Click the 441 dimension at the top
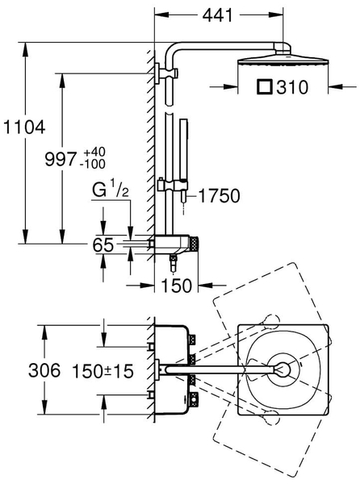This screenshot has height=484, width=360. [x=217, y=15]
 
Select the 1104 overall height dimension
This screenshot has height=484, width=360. [x=24, y=127]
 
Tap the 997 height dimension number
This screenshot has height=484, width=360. [x=61, y=159]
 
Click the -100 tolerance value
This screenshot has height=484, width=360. [x=92, y=165]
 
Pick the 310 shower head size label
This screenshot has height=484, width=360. [x=292, y=87]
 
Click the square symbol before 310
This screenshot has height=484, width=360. [x=265, y=86]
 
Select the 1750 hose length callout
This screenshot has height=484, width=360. [x=219, y=196]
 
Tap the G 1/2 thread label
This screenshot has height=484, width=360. [x=111, y=190]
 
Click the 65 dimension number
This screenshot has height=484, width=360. [x=103, y=245]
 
